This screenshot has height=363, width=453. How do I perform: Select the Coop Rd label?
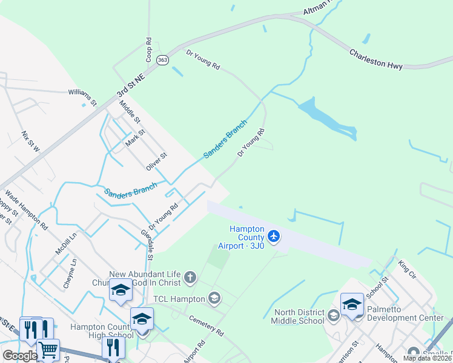[148, 50]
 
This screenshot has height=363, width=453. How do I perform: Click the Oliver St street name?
[156, 161]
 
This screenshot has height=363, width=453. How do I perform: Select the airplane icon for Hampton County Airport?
[274, 235]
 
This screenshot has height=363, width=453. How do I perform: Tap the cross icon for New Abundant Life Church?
[190, 278]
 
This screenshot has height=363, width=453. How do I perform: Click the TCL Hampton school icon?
[213, 298]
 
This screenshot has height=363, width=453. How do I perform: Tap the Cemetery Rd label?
[207, 325]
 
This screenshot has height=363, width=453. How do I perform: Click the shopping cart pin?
[48, 350]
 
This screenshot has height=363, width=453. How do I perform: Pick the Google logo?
[20, 356]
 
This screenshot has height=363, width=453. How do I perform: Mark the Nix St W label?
[30, 141]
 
